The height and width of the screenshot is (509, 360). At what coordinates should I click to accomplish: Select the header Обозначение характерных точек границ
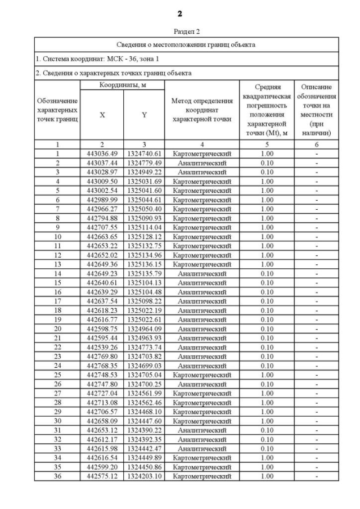tap(57, 110)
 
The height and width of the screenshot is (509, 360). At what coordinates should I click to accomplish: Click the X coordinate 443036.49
tap(102, 154)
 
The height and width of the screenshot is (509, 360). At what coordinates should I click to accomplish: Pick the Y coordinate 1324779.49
tap(144, 163)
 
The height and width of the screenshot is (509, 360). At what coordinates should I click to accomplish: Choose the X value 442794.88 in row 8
tap(102, 218)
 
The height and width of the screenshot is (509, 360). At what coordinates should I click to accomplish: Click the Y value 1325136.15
tap(144, 264)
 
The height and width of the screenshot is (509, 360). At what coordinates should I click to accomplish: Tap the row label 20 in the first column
tap(57, 328)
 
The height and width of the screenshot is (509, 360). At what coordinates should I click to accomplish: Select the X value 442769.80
tap(102, 356)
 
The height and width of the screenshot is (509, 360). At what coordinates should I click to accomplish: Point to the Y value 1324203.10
tap(144, 476)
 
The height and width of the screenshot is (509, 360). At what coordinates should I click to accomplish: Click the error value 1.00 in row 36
tap(267, 476)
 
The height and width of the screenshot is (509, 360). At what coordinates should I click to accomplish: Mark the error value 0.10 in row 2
tap(267, 163)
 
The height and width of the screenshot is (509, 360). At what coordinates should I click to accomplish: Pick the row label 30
tap(57, 421)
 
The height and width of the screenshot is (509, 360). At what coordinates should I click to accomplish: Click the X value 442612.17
tap(102, 439)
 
